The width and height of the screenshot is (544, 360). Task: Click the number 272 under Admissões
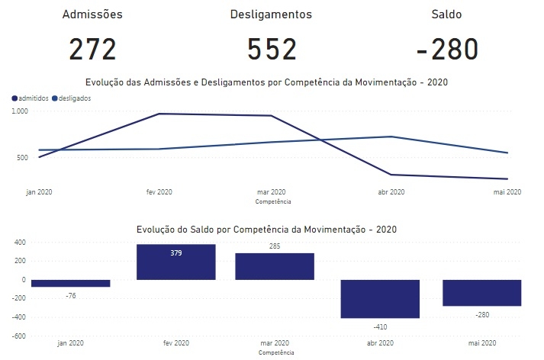tap(92, 49)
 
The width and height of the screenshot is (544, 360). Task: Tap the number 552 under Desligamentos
tap(272, 49)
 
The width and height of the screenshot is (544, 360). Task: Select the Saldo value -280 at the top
tap(448, 49)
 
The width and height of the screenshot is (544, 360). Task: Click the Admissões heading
tap(92, 14)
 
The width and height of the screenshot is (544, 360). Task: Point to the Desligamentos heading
tap(271, 14)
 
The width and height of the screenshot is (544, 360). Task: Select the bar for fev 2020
tap(175, 262)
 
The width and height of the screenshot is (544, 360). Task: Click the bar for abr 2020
tap(380, 298)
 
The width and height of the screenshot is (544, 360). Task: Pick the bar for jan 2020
tap(71, 283)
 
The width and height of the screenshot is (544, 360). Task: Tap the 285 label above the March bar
tap(275, 246)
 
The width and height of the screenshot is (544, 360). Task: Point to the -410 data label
tap(380, 326)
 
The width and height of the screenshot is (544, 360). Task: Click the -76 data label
tap(72, 295)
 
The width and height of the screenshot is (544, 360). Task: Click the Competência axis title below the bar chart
tap(275, 354)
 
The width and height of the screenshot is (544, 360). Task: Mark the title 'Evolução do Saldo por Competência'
tap(267, 229)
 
